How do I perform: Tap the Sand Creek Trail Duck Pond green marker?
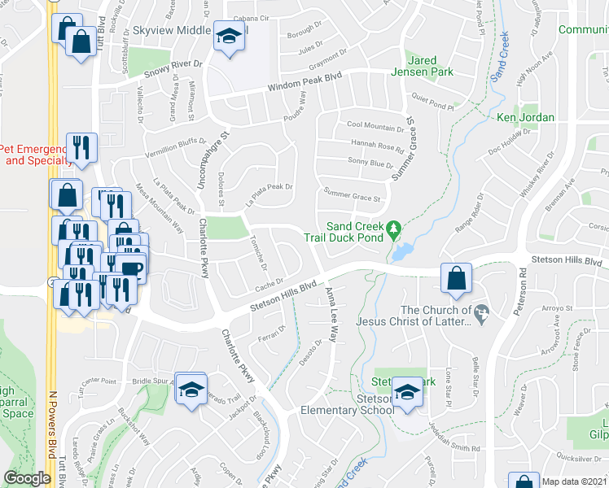coord(394,229)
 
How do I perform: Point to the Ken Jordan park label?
coord(525,117)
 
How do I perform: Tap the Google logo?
coord(27,478)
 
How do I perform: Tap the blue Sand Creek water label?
coord(499,56)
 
